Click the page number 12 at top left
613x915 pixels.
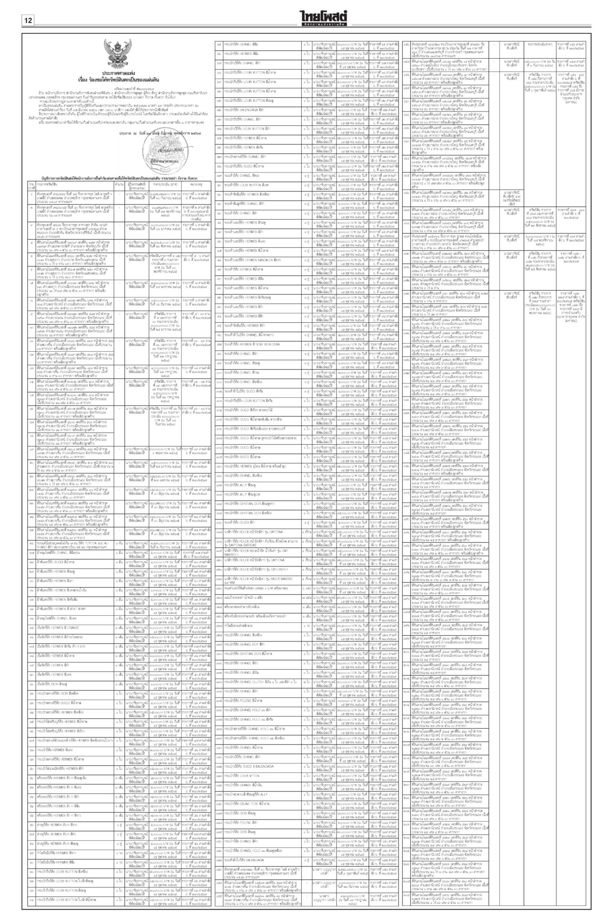point(28,20)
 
